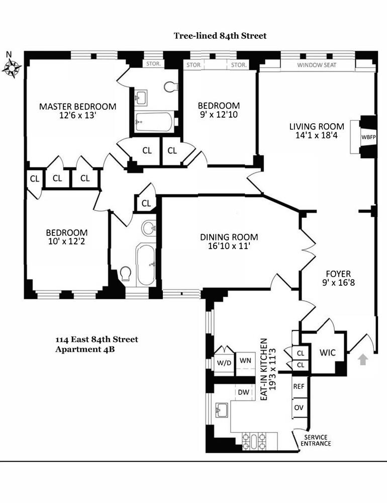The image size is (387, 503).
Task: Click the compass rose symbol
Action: (x=12, y=67)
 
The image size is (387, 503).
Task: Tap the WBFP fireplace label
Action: (x=367, y=137)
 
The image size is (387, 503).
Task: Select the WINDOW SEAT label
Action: (x=316, y=65)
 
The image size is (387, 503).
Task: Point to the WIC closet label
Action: (x=328, y=354)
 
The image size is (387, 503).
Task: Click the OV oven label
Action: (x=299, y=407)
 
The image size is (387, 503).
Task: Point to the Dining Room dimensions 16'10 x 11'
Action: (x=229, y=246)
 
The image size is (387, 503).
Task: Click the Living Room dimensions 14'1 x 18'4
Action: (x=317, y=136)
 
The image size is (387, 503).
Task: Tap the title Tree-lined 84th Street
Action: (x=220, y=36)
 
